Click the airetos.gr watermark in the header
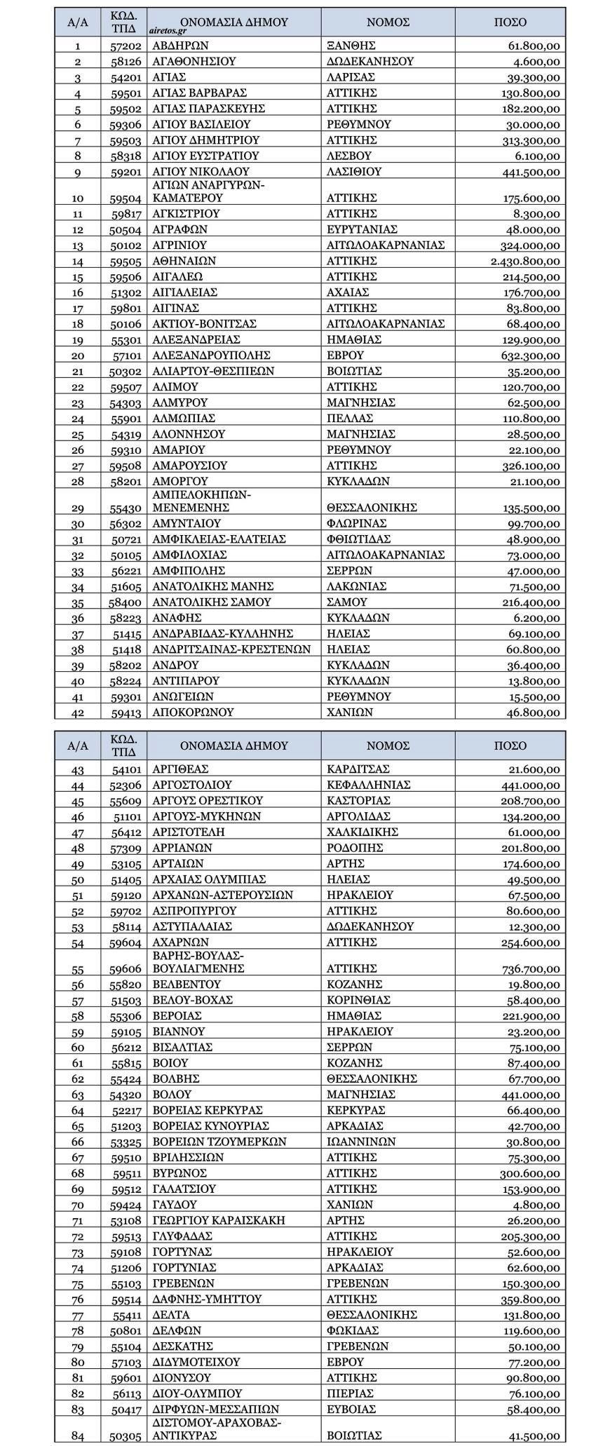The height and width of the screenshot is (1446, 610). [x=167, y=30]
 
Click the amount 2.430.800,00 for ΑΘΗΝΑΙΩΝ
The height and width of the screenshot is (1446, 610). [x=525, y=261]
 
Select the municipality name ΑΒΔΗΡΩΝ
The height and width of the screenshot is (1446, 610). [x=175, y=46]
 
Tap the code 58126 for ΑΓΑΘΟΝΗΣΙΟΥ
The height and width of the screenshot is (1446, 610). [x=126, y=62]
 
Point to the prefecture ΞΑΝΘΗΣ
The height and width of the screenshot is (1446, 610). [x=351, y=46]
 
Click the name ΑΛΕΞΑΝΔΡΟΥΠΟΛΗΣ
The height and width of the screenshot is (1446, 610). [x=211, y=356]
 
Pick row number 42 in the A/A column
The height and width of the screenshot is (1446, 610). [x=77, y=712]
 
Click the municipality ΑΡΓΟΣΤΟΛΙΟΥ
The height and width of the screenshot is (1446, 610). [x=191, y=785]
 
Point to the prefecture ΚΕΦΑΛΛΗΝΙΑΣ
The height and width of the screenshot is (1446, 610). [x=368, y=785]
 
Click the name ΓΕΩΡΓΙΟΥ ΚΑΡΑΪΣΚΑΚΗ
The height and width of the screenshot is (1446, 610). [x=219, y=1220]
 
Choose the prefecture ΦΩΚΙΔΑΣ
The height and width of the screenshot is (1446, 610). [x=353, y=1330]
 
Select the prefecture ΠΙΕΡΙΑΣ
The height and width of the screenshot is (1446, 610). [x=350, y=1393]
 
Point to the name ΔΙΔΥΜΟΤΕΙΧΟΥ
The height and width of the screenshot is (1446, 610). [x=196, y=1362]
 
